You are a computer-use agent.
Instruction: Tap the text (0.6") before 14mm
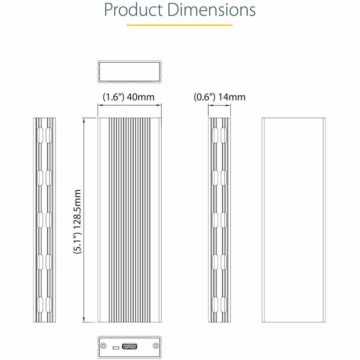(x=205, y=97)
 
